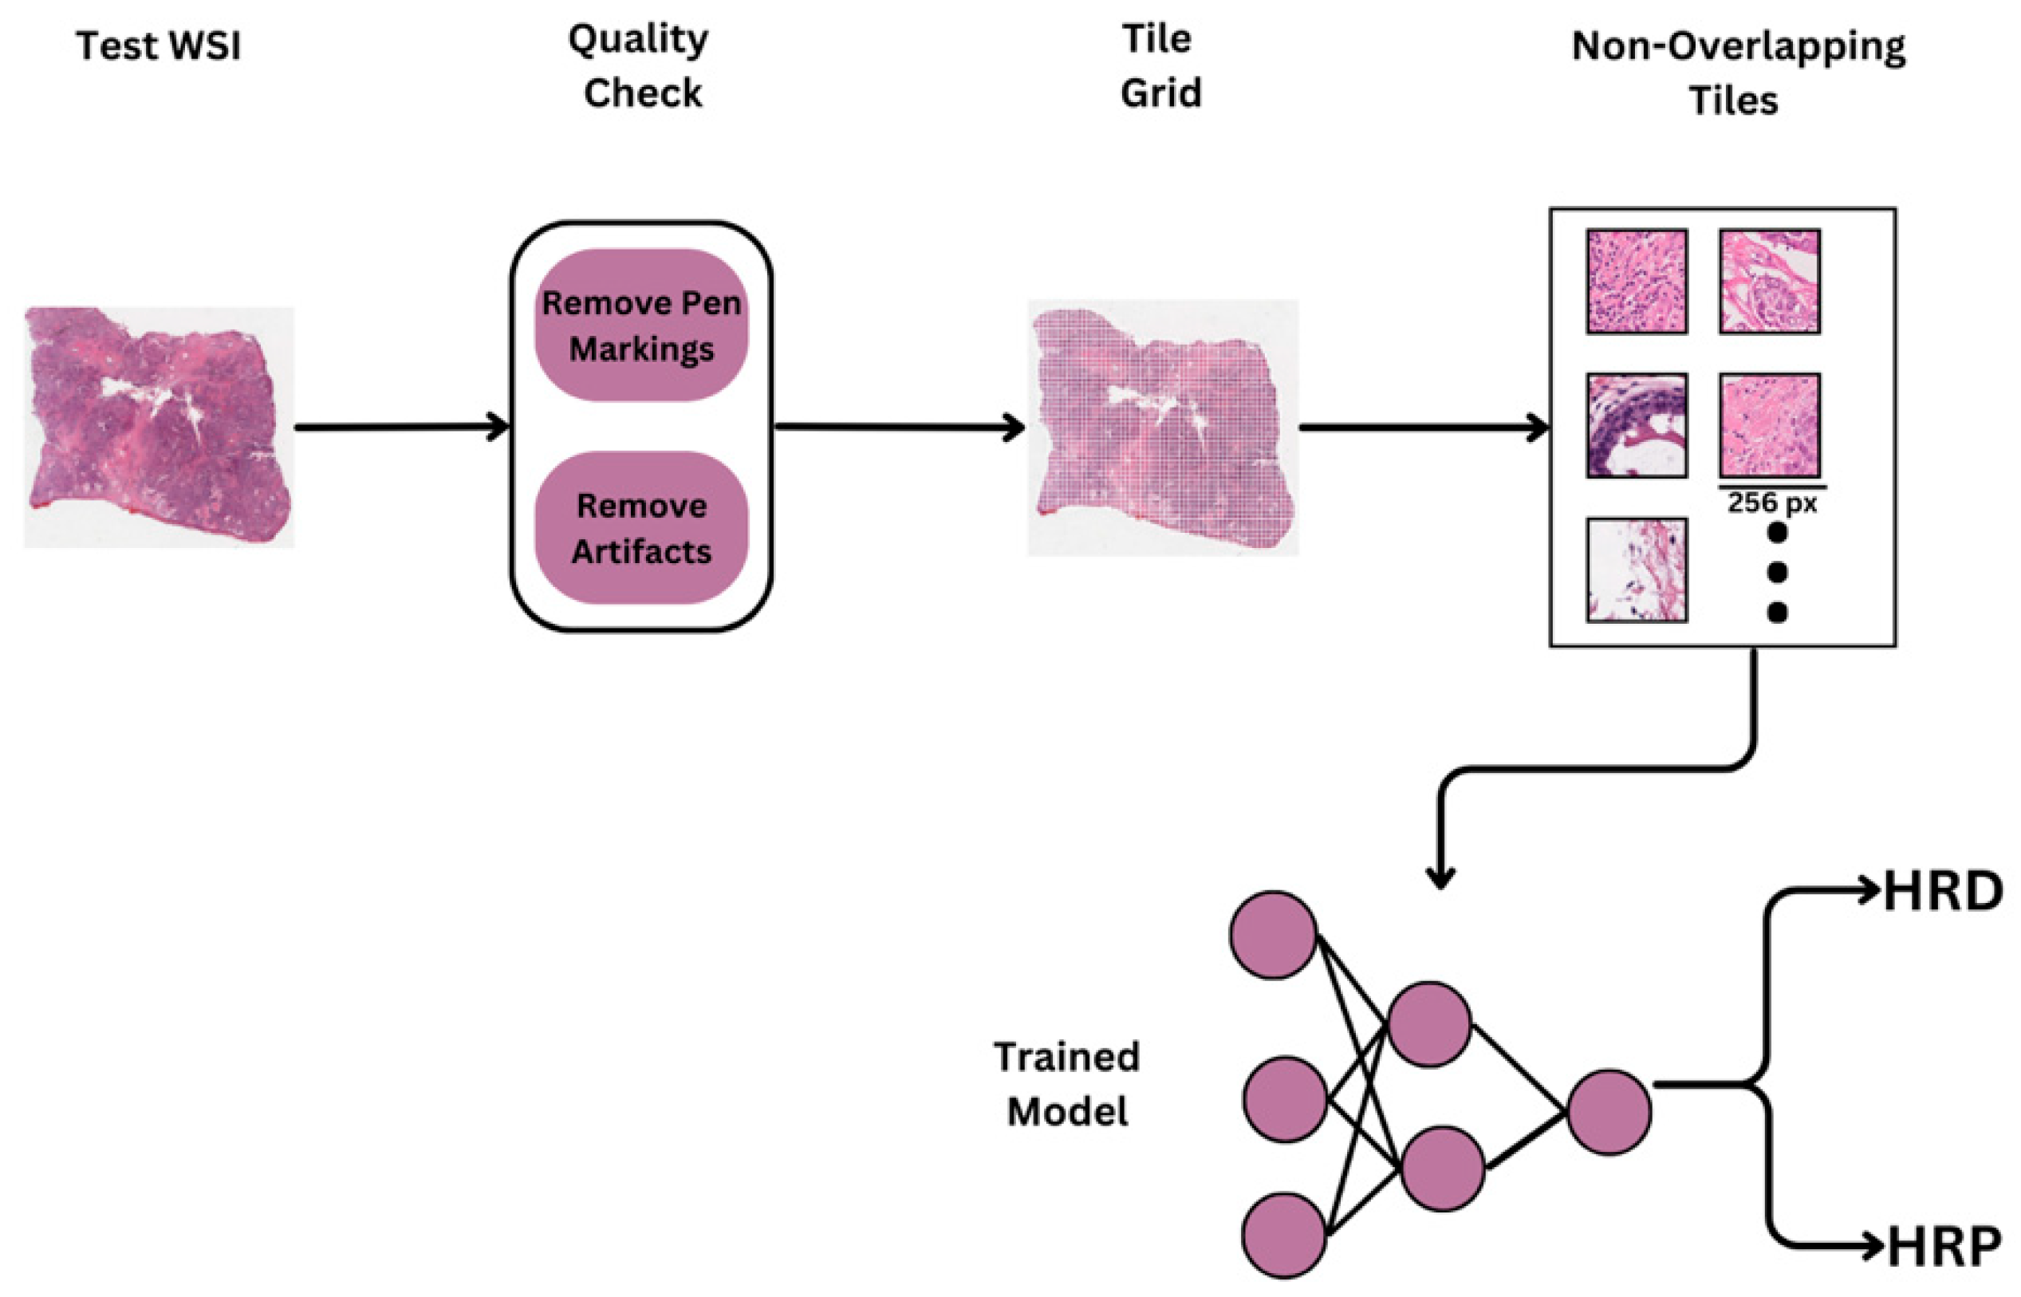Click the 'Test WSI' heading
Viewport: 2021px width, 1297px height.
158,45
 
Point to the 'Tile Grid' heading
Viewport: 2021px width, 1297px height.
1160,65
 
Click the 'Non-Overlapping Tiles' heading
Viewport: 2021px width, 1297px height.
1736,73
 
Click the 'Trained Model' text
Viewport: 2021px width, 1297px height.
1067,1084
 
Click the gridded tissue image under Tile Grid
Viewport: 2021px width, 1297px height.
1163,428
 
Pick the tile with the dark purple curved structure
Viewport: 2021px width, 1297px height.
1636,425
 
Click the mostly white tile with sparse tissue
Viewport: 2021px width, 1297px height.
1636,570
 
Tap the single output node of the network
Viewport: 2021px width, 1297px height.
1609,1113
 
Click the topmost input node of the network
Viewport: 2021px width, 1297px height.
1272,936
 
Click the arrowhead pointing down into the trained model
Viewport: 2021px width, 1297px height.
1441,879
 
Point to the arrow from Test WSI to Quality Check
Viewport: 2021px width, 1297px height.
402,427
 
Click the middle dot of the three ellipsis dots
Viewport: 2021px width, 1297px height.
1777,573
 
